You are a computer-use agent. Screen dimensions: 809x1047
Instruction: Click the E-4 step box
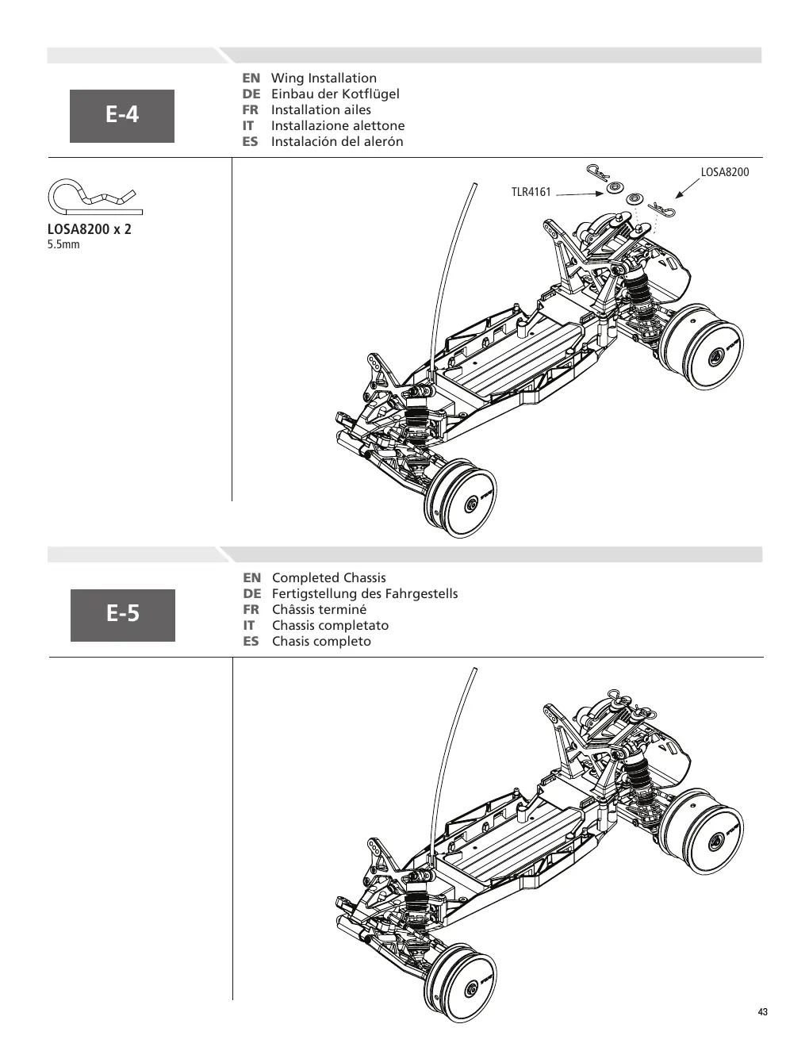tap(122, 116)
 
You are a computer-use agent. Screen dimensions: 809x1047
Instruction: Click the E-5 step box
tap(123, 615)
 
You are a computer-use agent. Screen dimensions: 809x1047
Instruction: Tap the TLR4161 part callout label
tap(531, 192)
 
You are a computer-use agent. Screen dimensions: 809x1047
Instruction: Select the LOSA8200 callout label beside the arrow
tap(725, 172)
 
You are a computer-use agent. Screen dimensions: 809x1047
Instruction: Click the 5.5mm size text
tap(63, 244)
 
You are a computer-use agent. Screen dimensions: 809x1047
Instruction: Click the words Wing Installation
tap(324, 78)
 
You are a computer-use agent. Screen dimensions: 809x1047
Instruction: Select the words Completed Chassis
tap(328, 577)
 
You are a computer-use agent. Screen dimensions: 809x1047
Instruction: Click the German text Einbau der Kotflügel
tap(335, 94)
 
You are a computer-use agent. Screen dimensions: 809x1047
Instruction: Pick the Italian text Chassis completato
tap(330, 625)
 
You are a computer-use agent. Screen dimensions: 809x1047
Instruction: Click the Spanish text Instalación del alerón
tap(337, 142)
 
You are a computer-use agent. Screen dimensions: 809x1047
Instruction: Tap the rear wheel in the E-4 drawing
tap(702, 347)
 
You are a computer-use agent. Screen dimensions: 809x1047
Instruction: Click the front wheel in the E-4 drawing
tap(461, 497)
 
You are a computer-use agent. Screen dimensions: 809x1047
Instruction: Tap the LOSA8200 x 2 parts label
tap(89, 229)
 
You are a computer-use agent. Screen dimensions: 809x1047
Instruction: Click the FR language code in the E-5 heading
tap(251, 609)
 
